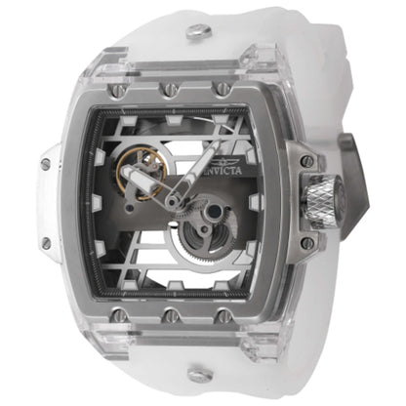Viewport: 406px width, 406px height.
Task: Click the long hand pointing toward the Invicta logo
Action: [200, 171]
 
